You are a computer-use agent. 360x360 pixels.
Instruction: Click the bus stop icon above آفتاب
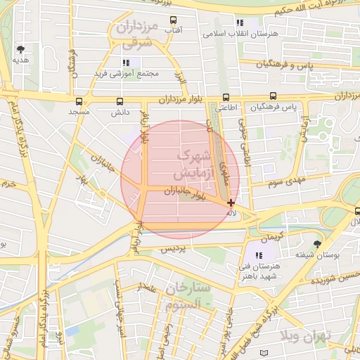(x=173, y=20)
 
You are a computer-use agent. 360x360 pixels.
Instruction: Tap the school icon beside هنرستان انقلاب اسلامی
(x=240, y=22)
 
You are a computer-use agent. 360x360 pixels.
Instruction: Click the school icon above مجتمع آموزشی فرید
(x=126, y=63)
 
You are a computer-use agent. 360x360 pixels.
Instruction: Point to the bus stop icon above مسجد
(x=79, y=101)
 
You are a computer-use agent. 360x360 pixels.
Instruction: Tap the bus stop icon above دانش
(x=120, y=101)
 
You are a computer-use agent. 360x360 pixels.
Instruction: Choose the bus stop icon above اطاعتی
(x=226, y=97)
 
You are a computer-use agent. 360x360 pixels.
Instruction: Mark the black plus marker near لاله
(x=231, y=202)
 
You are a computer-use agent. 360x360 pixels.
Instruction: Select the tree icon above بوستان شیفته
(x=318, y=243)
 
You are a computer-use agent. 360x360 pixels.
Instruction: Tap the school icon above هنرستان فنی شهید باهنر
(x=259, y=255)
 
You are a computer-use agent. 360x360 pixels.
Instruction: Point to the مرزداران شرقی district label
(x=136, y=35)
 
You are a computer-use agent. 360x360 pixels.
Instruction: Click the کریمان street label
(x=271, y=233)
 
